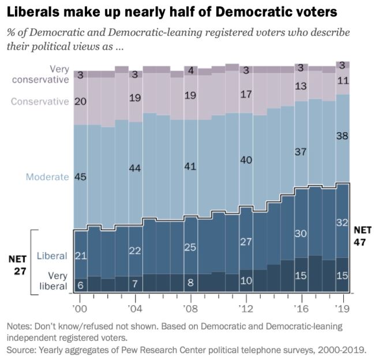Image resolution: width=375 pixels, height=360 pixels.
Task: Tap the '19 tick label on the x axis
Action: click(343, 307)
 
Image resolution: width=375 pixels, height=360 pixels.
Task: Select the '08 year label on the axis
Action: click(190, 307)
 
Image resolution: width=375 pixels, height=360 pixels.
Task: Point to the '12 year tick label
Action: click(246, 307)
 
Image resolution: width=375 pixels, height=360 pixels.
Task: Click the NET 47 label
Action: click(362, 235)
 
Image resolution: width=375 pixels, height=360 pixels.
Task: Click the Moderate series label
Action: click(47, 177)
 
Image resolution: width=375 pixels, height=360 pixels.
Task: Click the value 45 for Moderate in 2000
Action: click(81, 177)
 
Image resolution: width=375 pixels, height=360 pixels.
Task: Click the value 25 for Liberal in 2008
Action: click(190, 247)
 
